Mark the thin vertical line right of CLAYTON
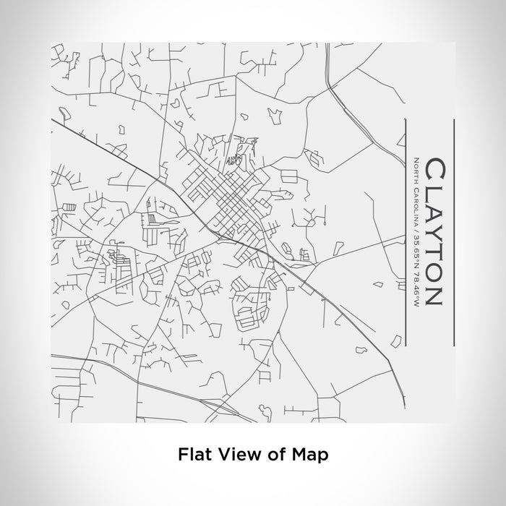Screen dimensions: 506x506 coord(453,231)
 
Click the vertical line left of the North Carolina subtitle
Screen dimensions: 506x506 coord(403,231)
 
